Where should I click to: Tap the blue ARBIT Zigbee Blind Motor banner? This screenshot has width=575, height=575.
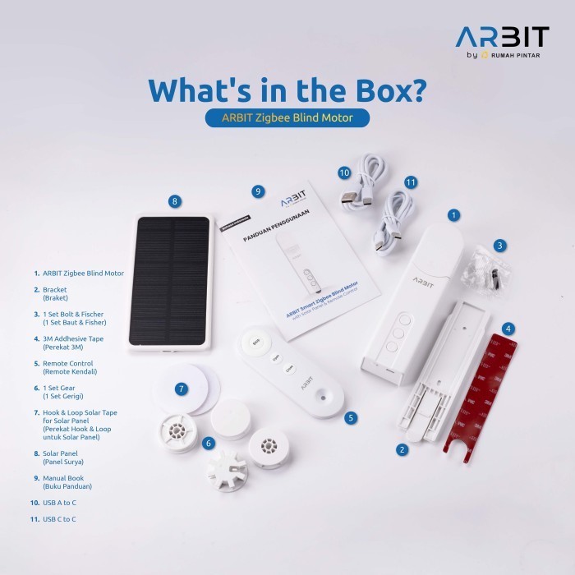(287, 117)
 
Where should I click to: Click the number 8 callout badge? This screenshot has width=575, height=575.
(173, 200)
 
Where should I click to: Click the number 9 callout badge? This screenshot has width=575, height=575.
(258, 191)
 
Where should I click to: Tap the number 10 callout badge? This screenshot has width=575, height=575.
(344, 172)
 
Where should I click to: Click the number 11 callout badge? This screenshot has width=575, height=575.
(412, 182)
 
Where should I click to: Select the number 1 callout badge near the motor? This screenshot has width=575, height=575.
(453, 215)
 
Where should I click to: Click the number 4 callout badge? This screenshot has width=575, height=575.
(509, 329)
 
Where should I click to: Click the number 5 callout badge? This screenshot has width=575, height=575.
(352, 417)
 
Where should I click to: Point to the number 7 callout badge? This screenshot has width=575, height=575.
(182, 389)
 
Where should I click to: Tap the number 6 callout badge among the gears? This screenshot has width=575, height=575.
(209, 443)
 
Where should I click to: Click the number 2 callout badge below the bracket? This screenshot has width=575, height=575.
(402, 449)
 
